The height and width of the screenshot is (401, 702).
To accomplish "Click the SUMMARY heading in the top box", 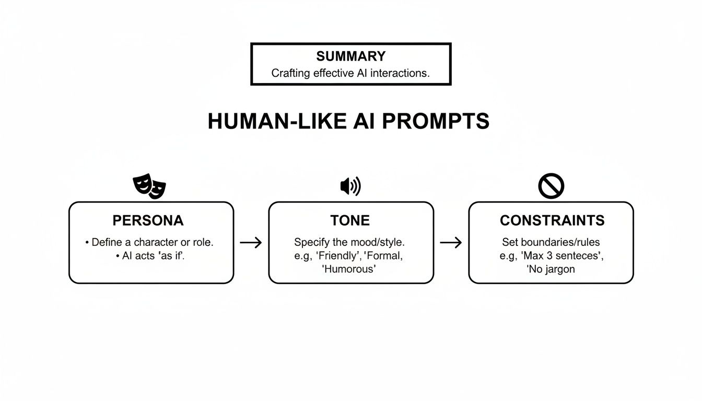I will click(x=350, y=56).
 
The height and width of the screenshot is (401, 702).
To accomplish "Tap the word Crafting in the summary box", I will click(x=290, y=74).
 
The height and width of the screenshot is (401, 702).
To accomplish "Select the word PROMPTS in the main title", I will click(x=436, y=121).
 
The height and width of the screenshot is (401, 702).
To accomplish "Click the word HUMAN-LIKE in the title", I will click(x=277, y=121).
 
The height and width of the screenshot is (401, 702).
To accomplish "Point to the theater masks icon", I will click(x=149, y=186).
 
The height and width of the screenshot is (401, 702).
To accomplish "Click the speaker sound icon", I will click(x=350, y=186).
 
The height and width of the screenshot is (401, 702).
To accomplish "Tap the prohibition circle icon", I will click(x=551, y=186).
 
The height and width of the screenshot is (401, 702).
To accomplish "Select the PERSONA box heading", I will click(x=148, y=221).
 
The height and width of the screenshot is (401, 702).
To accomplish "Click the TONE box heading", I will click(x=350, y=221).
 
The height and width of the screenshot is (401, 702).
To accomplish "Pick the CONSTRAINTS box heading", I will click(x=552, y=221).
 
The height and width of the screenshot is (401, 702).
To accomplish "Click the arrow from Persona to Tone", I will click(x=251, y=243).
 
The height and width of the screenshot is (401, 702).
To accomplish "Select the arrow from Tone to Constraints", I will click(x=451, y=243).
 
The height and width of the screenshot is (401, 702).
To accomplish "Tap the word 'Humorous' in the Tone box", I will click(x=349, y=270).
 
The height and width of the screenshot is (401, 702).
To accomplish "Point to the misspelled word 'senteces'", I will click(x=575, y=256).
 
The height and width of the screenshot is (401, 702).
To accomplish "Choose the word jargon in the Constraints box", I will click(x=557, y=270).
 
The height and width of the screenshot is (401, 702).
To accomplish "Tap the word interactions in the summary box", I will click(x=399, y=74).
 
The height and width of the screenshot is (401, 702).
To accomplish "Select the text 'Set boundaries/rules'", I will click(x=551, y=243).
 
